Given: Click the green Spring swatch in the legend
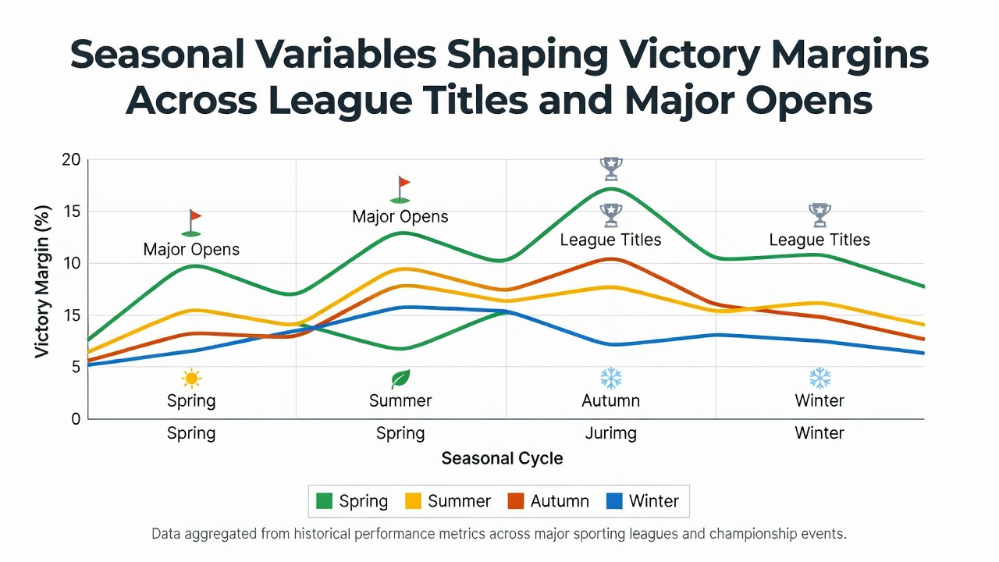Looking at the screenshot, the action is click(324, 501).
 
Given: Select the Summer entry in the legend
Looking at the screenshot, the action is click(448, 501).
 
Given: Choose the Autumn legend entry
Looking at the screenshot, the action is click(548, 501).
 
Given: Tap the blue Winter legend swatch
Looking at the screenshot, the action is click(614, 501).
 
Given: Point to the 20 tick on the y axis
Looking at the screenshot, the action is click(71, 160).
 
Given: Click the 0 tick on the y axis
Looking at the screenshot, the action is click(76, 419).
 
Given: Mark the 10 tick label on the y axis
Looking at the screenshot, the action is click(71, 263).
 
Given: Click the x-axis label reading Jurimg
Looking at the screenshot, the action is click(610, 433).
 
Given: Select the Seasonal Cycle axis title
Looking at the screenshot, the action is click(502, 458).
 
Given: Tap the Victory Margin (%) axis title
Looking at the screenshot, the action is click(42, 282).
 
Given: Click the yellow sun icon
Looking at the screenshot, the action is click(191, 379).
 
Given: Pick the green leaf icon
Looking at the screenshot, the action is click(400, 379).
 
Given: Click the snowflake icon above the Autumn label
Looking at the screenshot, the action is click(611, 379).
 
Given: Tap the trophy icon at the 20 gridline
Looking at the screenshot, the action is click(611, 169).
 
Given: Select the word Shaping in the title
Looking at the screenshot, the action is click(528, 55).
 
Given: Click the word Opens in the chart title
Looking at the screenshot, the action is click(809, 101).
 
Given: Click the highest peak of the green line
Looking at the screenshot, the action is click(611, 189).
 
